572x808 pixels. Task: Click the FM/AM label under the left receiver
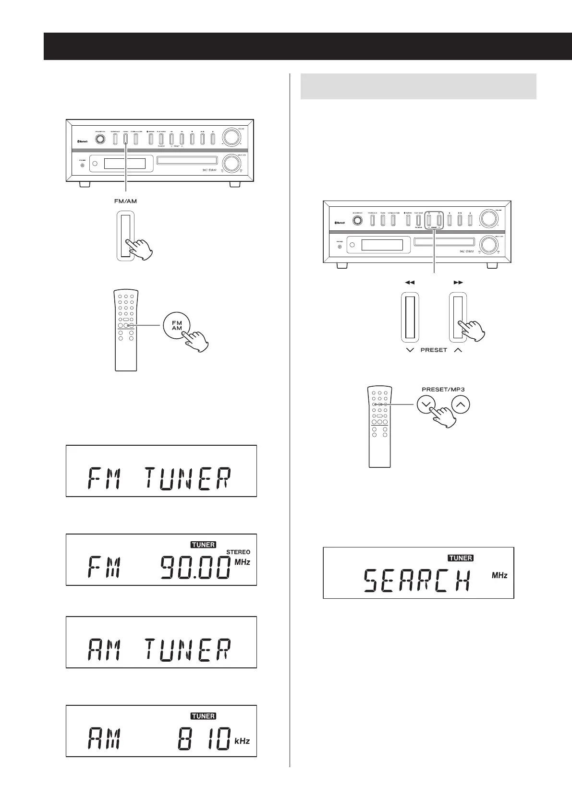point(125,201)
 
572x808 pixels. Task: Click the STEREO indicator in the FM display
point(238,552)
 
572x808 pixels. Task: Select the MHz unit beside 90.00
point(243,562)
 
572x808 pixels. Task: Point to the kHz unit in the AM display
point(242,741)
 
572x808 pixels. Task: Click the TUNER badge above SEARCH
point(461,558)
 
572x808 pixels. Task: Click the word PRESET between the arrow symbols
point(434,350)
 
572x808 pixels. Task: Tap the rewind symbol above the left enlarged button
point(410,283)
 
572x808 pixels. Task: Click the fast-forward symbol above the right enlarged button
point(458,283)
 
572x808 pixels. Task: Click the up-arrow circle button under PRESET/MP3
point(461,404)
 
